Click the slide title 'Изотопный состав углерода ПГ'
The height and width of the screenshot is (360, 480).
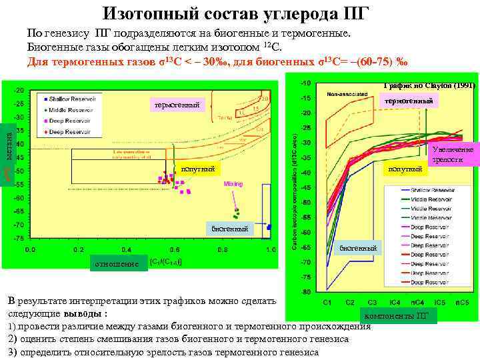pyautogui.click(x=236, y=13)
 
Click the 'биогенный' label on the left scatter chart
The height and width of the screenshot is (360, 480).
pyautogui.click(x=229, y=229)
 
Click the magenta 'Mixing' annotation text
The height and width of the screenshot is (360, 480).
pyautogui.click(x=233, y=183)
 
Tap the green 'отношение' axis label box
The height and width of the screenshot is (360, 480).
pyautogui.click(x=116, y=265)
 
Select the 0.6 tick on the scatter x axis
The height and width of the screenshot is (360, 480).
pyautogui.click(x=174, y=250)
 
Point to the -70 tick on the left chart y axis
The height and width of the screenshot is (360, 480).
pyautogui.click(x=20, y=225)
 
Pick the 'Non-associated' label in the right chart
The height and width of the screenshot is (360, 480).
pyautogui.click(x=347, y=95)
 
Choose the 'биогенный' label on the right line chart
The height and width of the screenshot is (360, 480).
pyautogui.click(x=357, y=248)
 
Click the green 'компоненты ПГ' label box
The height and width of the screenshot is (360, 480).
pyautogui.click(x=398, y=315)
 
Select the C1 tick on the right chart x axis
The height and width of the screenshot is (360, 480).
pyautogui.click(x=327, y=303)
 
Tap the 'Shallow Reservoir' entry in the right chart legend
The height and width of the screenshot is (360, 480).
pyautogui.click(x=431, y=190)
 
